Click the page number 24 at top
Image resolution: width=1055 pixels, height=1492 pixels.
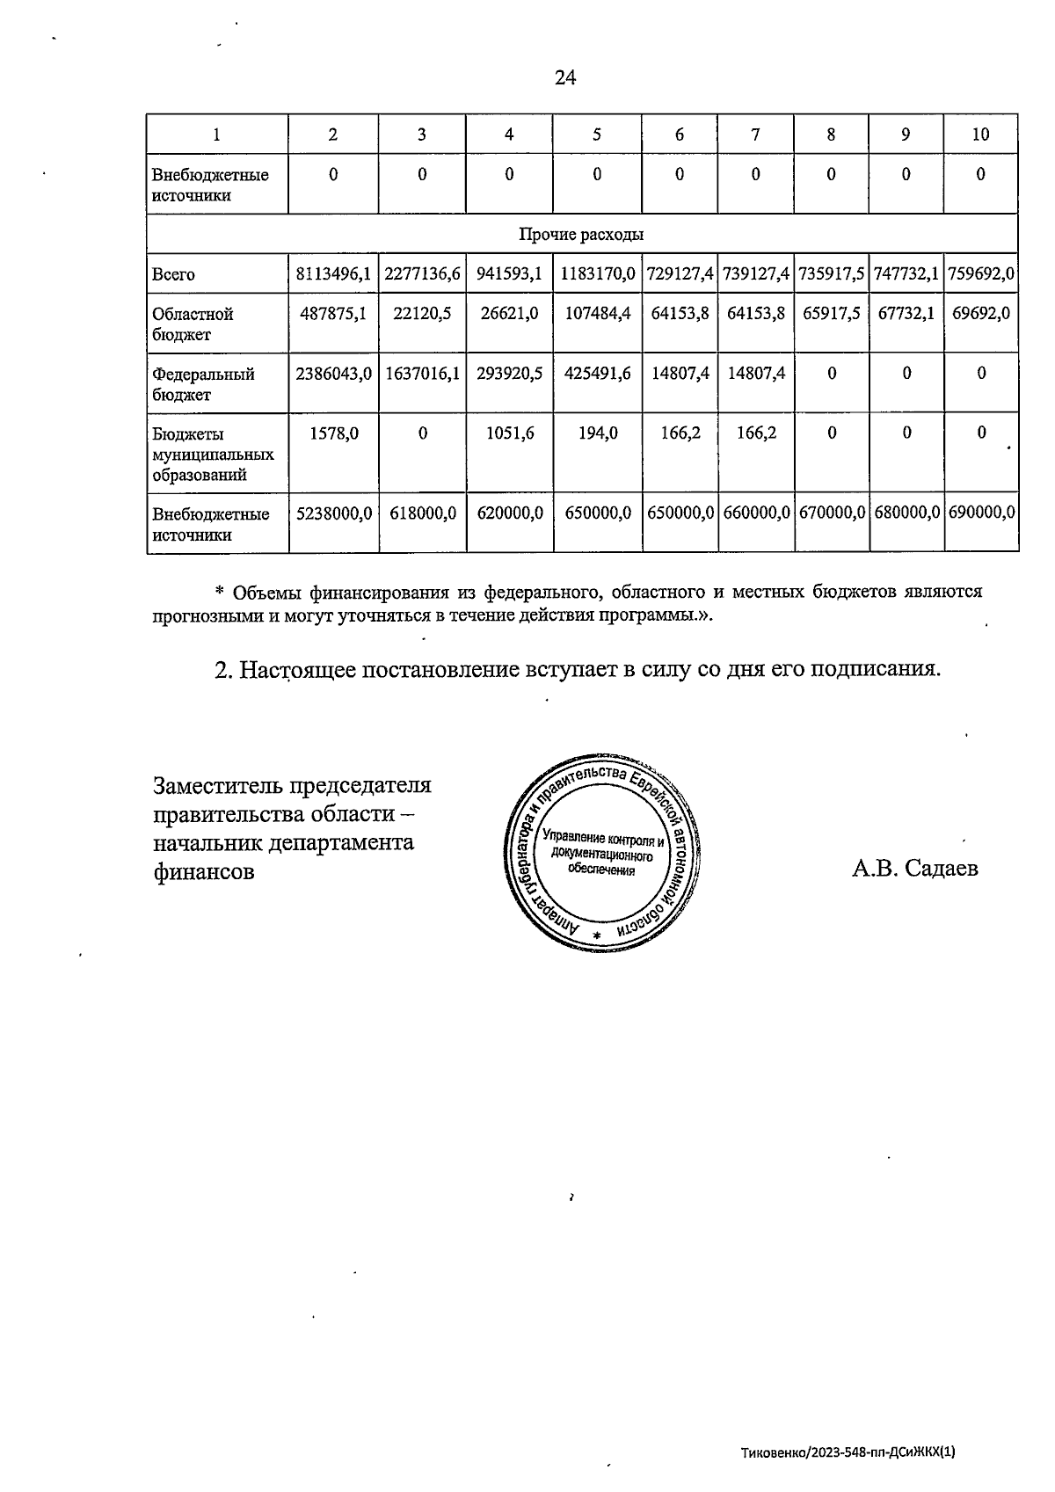565,78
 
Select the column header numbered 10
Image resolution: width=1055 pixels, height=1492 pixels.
980,135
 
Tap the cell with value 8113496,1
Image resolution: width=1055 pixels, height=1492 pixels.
333,274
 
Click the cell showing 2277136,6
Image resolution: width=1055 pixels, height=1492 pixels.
423,274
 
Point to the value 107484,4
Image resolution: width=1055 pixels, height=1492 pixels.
597,314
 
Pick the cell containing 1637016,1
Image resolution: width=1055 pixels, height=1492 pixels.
423,374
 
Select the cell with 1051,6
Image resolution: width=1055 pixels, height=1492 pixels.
509,433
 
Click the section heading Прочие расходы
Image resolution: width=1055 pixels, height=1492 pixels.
581,235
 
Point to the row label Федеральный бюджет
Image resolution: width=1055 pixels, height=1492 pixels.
203,384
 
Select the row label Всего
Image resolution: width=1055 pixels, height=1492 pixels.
173,275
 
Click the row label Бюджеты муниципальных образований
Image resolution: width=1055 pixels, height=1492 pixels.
213,455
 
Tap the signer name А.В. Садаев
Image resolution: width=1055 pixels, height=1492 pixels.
914,869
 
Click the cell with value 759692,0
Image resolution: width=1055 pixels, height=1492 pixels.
981,274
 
